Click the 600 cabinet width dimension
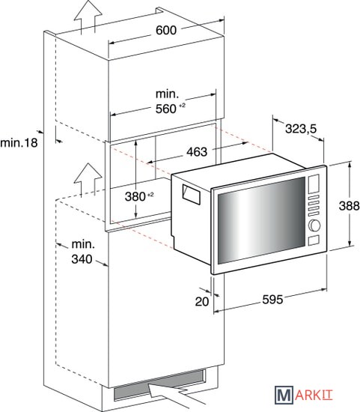coord(166,30)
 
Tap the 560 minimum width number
coord(165,109)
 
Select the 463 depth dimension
coord(197,152)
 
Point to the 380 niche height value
coord(135,196)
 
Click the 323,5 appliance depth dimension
coord(301,129)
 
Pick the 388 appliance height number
coord(350,205)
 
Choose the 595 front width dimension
coord(272,300)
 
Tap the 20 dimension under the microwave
coord(202,301)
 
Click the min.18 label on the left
coord(19,142)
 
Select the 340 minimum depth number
coord(82,259)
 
